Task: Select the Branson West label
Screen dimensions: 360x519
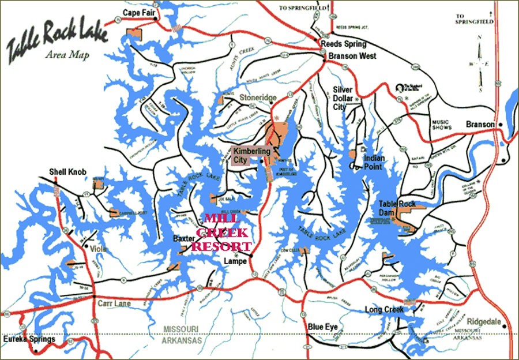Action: (352, 56)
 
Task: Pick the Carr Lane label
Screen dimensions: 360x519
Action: (116, 303)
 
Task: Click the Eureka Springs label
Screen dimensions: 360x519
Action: (29, 339)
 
